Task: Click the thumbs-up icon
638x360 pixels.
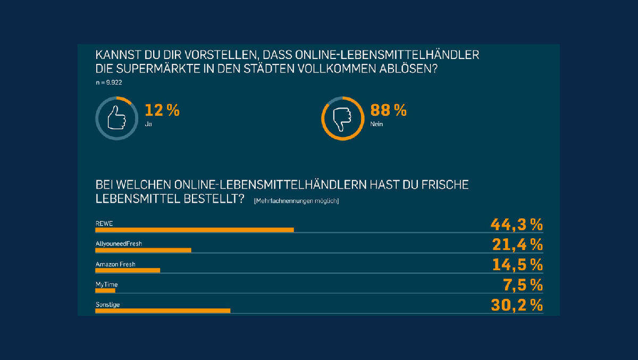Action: [116, 118]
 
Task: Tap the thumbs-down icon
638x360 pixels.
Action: [342, 118]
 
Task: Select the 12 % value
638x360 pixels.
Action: [162, 111]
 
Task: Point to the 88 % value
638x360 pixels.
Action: [389, 111]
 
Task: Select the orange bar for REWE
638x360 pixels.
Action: [194, 230]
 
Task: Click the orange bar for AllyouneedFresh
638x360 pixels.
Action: [143, 250]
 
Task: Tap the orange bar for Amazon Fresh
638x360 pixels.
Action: [128, 270]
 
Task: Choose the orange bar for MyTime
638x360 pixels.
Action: [105, 290]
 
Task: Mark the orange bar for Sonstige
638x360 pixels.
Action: [163, 311]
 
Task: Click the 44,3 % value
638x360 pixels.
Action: [516, 224]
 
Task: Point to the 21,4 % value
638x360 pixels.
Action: [516, 245]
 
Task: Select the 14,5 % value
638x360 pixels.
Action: [516, 265]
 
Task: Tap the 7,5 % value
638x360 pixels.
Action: [523, 285]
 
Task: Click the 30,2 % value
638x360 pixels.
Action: [516, 305]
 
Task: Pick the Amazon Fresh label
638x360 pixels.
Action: [115, 264]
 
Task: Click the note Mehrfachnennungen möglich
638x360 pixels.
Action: [296, 201]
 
